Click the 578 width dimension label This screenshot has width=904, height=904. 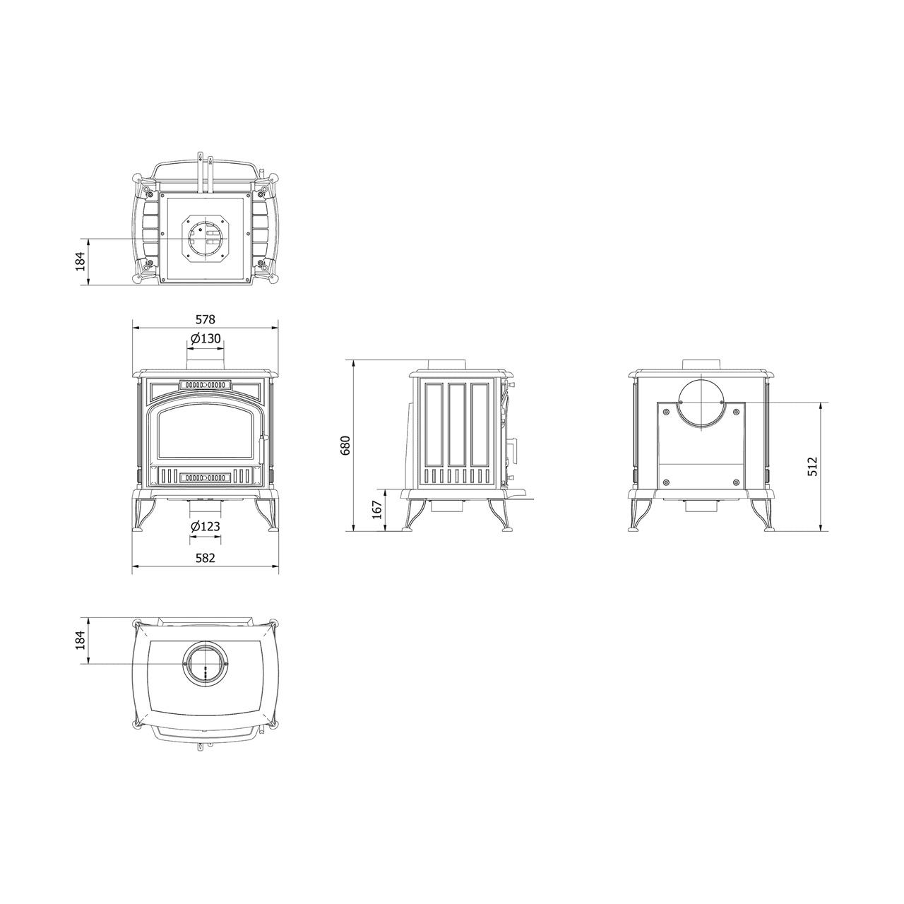point(205,319)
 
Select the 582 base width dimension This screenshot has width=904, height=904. point(205,558)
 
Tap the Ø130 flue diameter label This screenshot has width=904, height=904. point(206,338)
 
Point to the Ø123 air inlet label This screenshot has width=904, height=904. point(206,526)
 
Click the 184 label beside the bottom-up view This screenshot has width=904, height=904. point(81,261)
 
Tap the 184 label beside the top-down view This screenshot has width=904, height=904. point(81,641)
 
